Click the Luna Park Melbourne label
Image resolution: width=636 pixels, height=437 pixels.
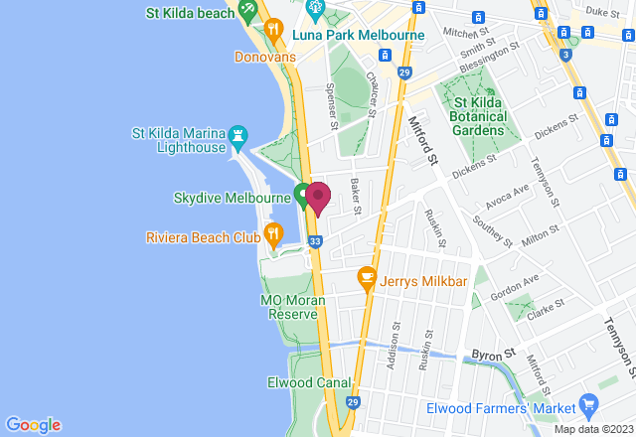[x=360, y=35]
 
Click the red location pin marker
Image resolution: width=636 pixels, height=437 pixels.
[x=318, y=197]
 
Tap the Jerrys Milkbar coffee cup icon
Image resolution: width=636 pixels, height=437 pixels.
[x=367, y=277]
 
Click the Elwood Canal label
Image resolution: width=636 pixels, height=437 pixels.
[x=309, y=382]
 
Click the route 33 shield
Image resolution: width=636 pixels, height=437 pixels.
[x=315, y=241]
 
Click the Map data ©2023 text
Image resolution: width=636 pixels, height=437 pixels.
[x=592, y=429]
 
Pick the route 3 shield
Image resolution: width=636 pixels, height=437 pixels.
[x=565, y=55]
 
